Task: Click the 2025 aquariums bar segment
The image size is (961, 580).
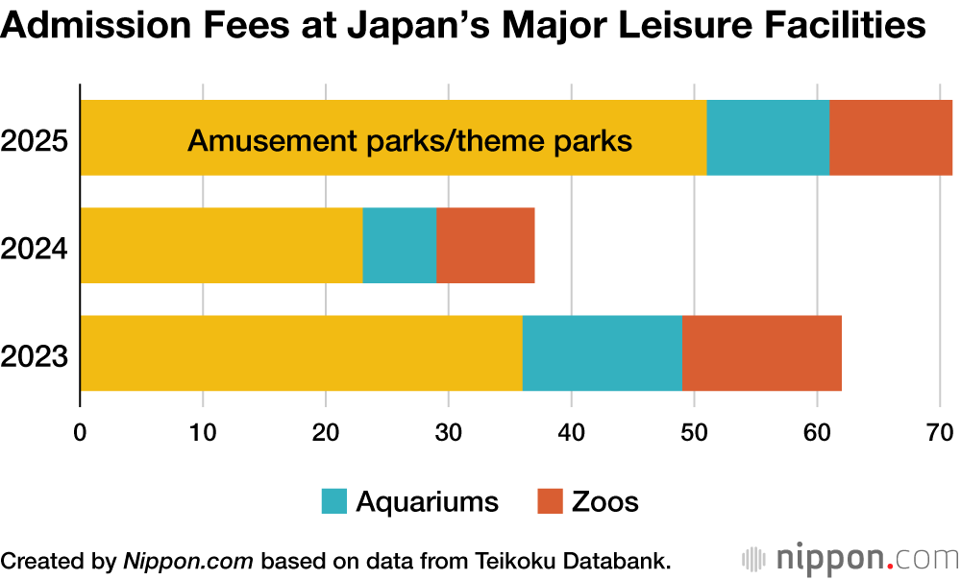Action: [768, 137]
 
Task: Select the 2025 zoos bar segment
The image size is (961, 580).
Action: [890, 137]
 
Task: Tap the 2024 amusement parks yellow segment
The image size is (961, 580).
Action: [221, 245]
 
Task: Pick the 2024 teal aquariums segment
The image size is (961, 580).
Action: [399, 245]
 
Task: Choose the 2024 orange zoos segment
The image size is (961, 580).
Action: [485, 245]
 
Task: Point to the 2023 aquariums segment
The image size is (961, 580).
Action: [602, 352]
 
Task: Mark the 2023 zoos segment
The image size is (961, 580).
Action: [761, 352]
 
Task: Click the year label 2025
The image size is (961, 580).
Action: [35, 142]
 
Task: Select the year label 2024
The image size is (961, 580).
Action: [35, 250]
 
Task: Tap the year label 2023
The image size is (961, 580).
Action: [35, 357]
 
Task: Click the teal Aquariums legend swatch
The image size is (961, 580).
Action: [334, 501]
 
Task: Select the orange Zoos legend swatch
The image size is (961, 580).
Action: [549, 501]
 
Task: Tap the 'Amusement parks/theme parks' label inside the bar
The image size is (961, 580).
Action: [409, 142]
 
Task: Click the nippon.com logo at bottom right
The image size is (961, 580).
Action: [850, 558]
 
